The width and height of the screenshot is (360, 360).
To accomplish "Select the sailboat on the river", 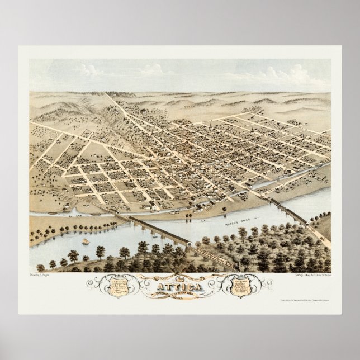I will [x=86, y=241].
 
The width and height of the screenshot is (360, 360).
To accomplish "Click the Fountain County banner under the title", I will [x=180, y=292].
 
